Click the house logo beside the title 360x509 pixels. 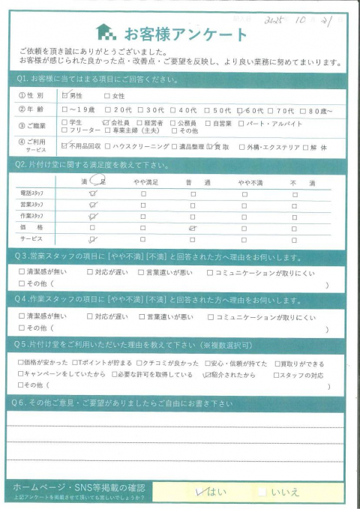coord(106,32)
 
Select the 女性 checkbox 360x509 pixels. coord(108,96)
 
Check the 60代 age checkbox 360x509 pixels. coord(239,109)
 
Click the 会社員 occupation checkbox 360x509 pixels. coord(106,121)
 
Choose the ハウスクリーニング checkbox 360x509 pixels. coord(109,147)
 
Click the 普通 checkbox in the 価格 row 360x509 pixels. coord(193,226)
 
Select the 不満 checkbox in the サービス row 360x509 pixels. coord(295,238)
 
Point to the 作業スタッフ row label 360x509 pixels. coord(33,215)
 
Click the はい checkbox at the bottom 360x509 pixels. coord(199,492)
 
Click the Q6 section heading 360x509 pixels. coord(120,403)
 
